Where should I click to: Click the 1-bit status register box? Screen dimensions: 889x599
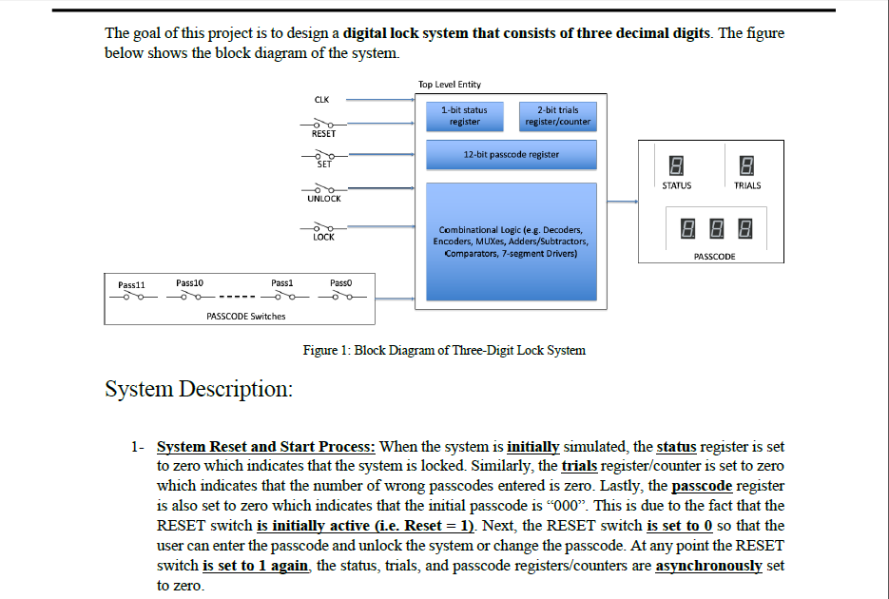pyautogui.click(x=464, y=116)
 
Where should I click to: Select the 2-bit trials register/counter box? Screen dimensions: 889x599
pyautogui.click(x=558, y=116)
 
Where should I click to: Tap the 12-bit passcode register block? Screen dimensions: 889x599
pyautogui.click(x=512, y=155)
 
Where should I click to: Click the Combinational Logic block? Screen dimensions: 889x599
pyautogui.click(x=512, y=242)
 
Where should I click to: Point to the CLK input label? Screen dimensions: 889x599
pyautogui.click(x=321, y=100)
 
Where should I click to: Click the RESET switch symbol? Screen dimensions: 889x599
pyautogui.click(x=323, y=124)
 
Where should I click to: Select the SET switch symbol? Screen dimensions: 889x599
pyautogui.click(x=324, y=155)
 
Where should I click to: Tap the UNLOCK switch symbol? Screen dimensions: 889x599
pyautogui.click(x=323, y=188)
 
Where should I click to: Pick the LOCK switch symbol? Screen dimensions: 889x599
pyautogui.click(x=323, y=227)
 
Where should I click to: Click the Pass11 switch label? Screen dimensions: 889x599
pyautogui.click(x=131, y=285)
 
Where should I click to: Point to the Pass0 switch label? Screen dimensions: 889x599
pyautogui.click(x=340, y=282)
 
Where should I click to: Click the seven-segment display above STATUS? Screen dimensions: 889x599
pyautogui.click(x=676, y=165)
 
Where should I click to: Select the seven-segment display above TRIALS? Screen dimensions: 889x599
pyautogui.click(x=746, y=165)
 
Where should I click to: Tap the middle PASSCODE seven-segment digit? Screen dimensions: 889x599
pyautogui.click(x=717, y=228)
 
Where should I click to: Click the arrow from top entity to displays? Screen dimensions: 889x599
pyautogui.click(x=623, y=202)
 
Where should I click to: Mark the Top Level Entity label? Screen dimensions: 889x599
pyautogui.click(x=450, y=85)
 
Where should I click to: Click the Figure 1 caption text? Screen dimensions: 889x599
pyautogui.click(x=444, y=350)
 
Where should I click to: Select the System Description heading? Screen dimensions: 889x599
pyautogui.click(x=199, y=389)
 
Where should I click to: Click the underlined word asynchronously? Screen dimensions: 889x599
pyautogui.click(x=708, y=566)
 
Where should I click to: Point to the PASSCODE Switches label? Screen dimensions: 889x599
pyautogui.click(x=245, y=317)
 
